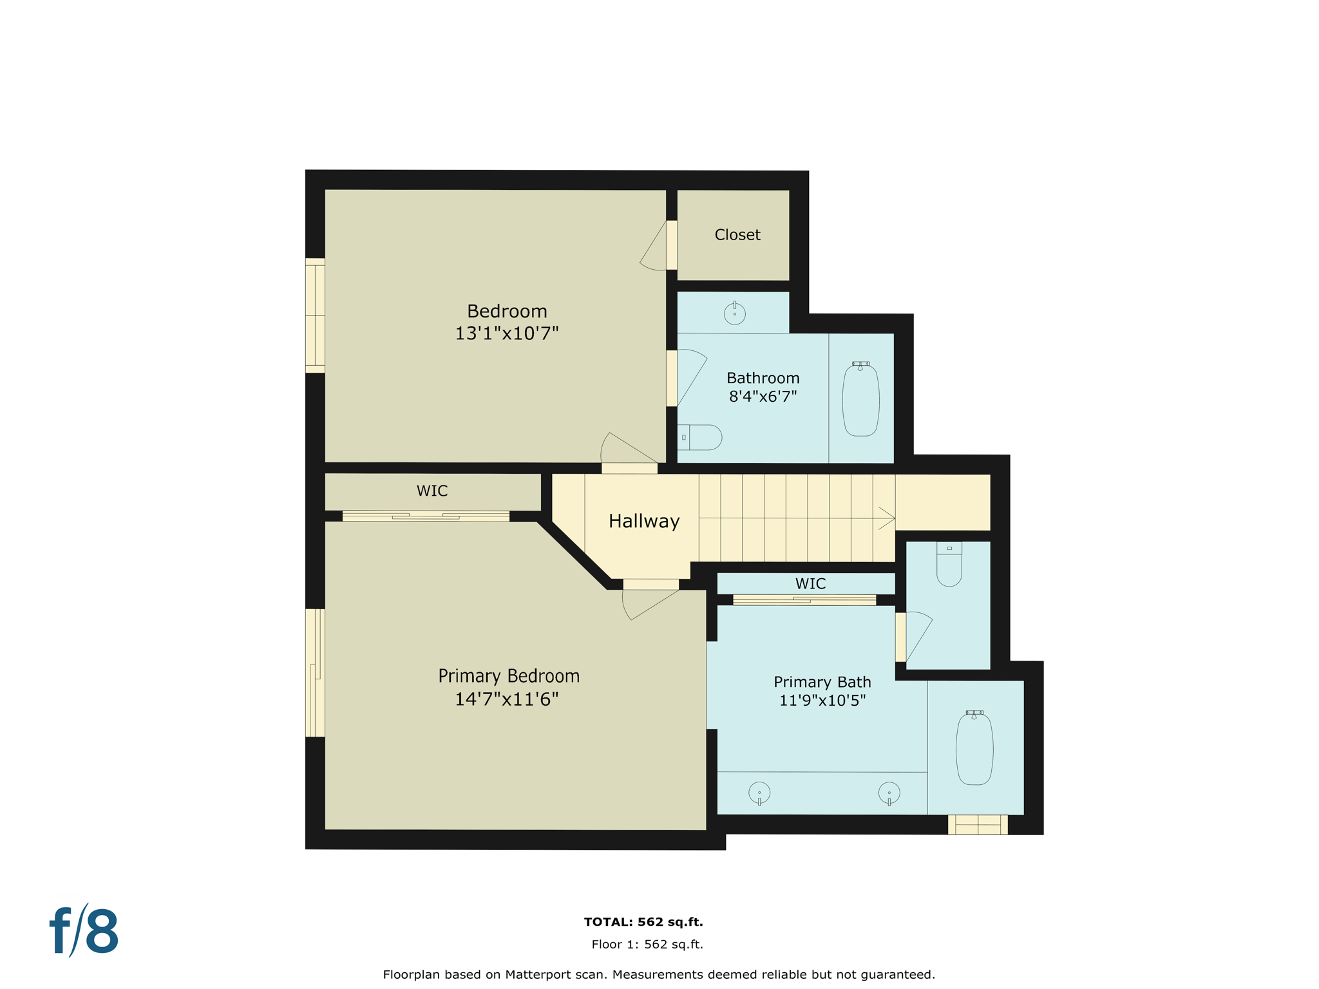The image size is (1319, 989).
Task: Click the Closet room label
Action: pos(737,235)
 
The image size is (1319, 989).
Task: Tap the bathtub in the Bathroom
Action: pos(861,399)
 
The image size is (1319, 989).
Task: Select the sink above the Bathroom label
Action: pos(734,314)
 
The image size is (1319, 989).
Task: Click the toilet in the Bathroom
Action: pos(701,437)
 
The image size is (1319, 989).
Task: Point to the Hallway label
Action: pos(644,521)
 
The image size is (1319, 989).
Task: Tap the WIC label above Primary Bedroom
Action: pos(432,491)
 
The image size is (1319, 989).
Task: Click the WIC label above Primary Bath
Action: pos(810,584)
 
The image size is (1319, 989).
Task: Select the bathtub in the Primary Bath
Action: pos(974,748)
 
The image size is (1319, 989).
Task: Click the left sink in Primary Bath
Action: pos(759,793)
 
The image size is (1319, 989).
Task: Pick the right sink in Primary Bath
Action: pos(889,793)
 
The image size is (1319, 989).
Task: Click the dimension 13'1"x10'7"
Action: pos(506,334)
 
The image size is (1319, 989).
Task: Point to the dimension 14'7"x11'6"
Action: pos(506,699)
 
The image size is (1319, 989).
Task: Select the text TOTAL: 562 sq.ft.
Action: pos(643,922)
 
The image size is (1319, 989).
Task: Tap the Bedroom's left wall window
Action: pos(314,316)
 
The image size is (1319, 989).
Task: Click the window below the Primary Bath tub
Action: pos(977,825)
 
